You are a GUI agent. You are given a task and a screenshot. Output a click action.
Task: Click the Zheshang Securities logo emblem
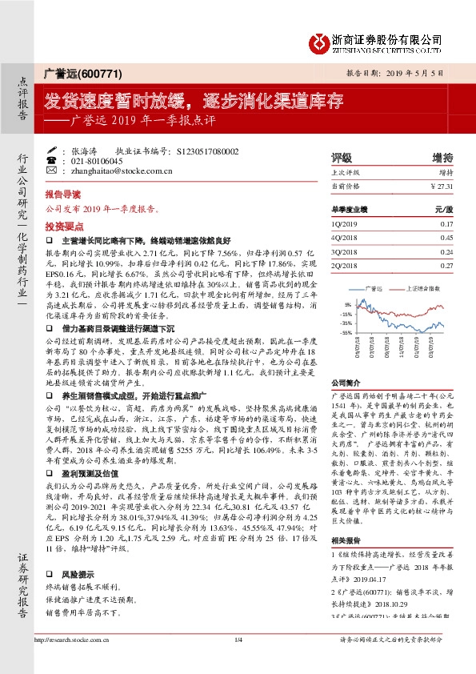pos(320,40)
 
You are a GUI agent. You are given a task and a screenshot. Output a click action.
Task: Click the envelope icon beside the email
pos(53,171)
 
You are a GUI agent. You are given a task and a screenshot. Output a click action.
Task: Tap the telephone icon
pos(53,160)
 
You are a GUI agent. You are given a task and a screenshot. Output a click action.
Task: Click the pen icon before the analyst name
pos(53,150)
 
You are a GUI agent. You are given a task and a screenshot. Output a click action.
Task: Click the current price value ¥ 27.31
pos(442,187)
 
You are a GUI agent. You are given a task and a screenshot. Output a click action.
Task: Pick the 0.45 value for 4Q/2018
pos(447,237)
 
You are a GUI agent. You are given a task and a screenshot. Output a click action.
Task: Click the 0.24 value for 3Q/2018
pos(447,251)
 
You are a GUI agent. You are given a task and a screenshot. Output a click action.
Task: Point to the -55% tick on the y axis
pos(346,331)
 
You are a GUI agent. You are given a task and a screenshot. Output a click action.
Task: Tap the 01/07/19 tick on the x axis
pos(418,350)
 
